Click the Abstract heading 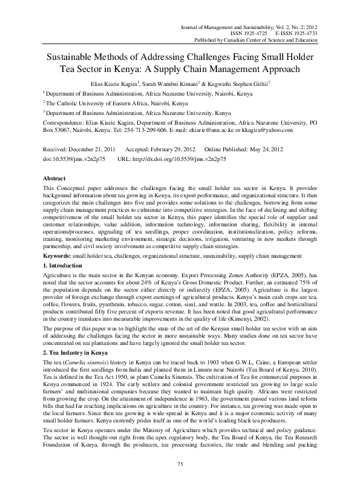tap(54, 179)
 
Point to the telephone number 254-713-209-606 tap(145, 130)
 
